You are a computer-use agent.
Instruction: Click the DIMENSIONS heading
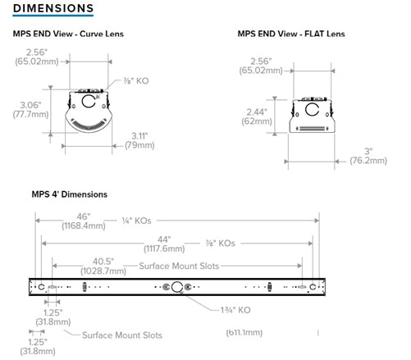pos(52,8)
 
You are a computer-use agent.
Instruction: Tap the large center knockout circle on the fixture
pos(175,287)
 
